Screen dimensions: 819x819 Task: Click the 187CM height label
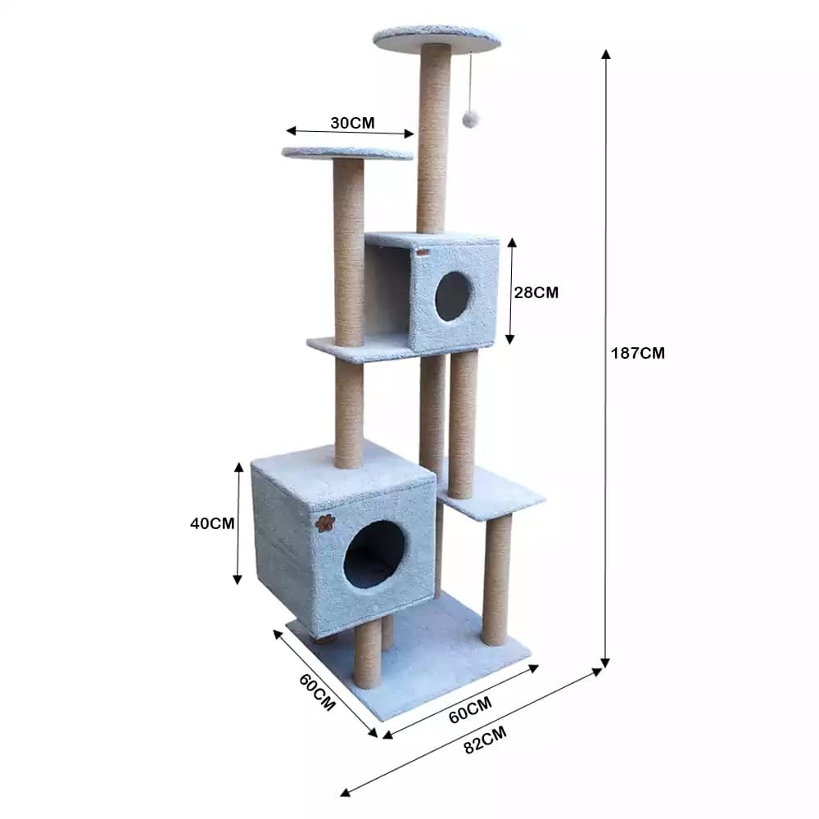pos(638,353)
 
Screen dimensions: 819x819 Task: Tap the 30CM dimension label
pos(352,123)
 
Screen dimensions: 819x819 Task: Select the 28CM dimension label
pos(536,292)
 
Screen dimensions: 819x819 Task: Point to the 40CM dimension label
pos(212,523)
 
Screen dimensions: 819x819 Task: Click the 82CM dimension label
pos(485,740)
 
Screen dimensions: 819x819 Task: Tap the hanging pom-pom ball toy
pos(467,119)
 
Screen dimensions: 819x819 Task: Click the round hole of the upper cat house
pos(454,296)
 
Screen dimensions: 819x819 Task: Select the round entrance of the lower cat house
pos(374,554)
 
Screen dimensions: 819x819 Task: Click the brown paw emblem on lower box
pos(325,523)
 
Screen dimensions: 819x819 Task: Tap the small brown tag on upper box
pos(423,253)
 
